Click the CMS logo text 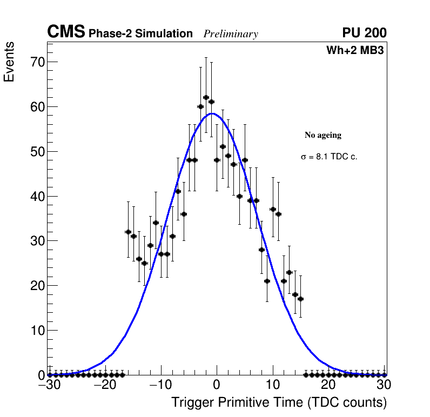(66, 32)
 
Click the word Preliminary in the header (231, 34)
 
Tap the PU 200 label (364, 33)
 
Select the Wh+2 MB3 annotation (355, 51)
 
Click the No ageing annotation (323, 135)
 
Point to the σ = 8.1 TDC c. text (329, 157)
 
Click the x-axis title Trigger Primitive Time (279, 402)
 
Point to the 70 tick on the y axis (37, 62)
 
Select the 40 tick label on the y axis (37, 196)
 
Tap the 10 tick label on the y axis (37, 330)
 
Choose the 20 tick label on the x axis (328, 385)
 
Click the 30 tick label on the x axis (384, 385)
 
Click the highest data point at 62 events (206, 98)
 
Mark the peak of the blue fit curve (212, 113)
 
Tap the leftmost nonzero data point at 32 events (128, 232)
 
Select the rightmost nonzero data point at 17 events (300, 299)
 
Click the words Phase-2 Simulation (140, 34)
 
